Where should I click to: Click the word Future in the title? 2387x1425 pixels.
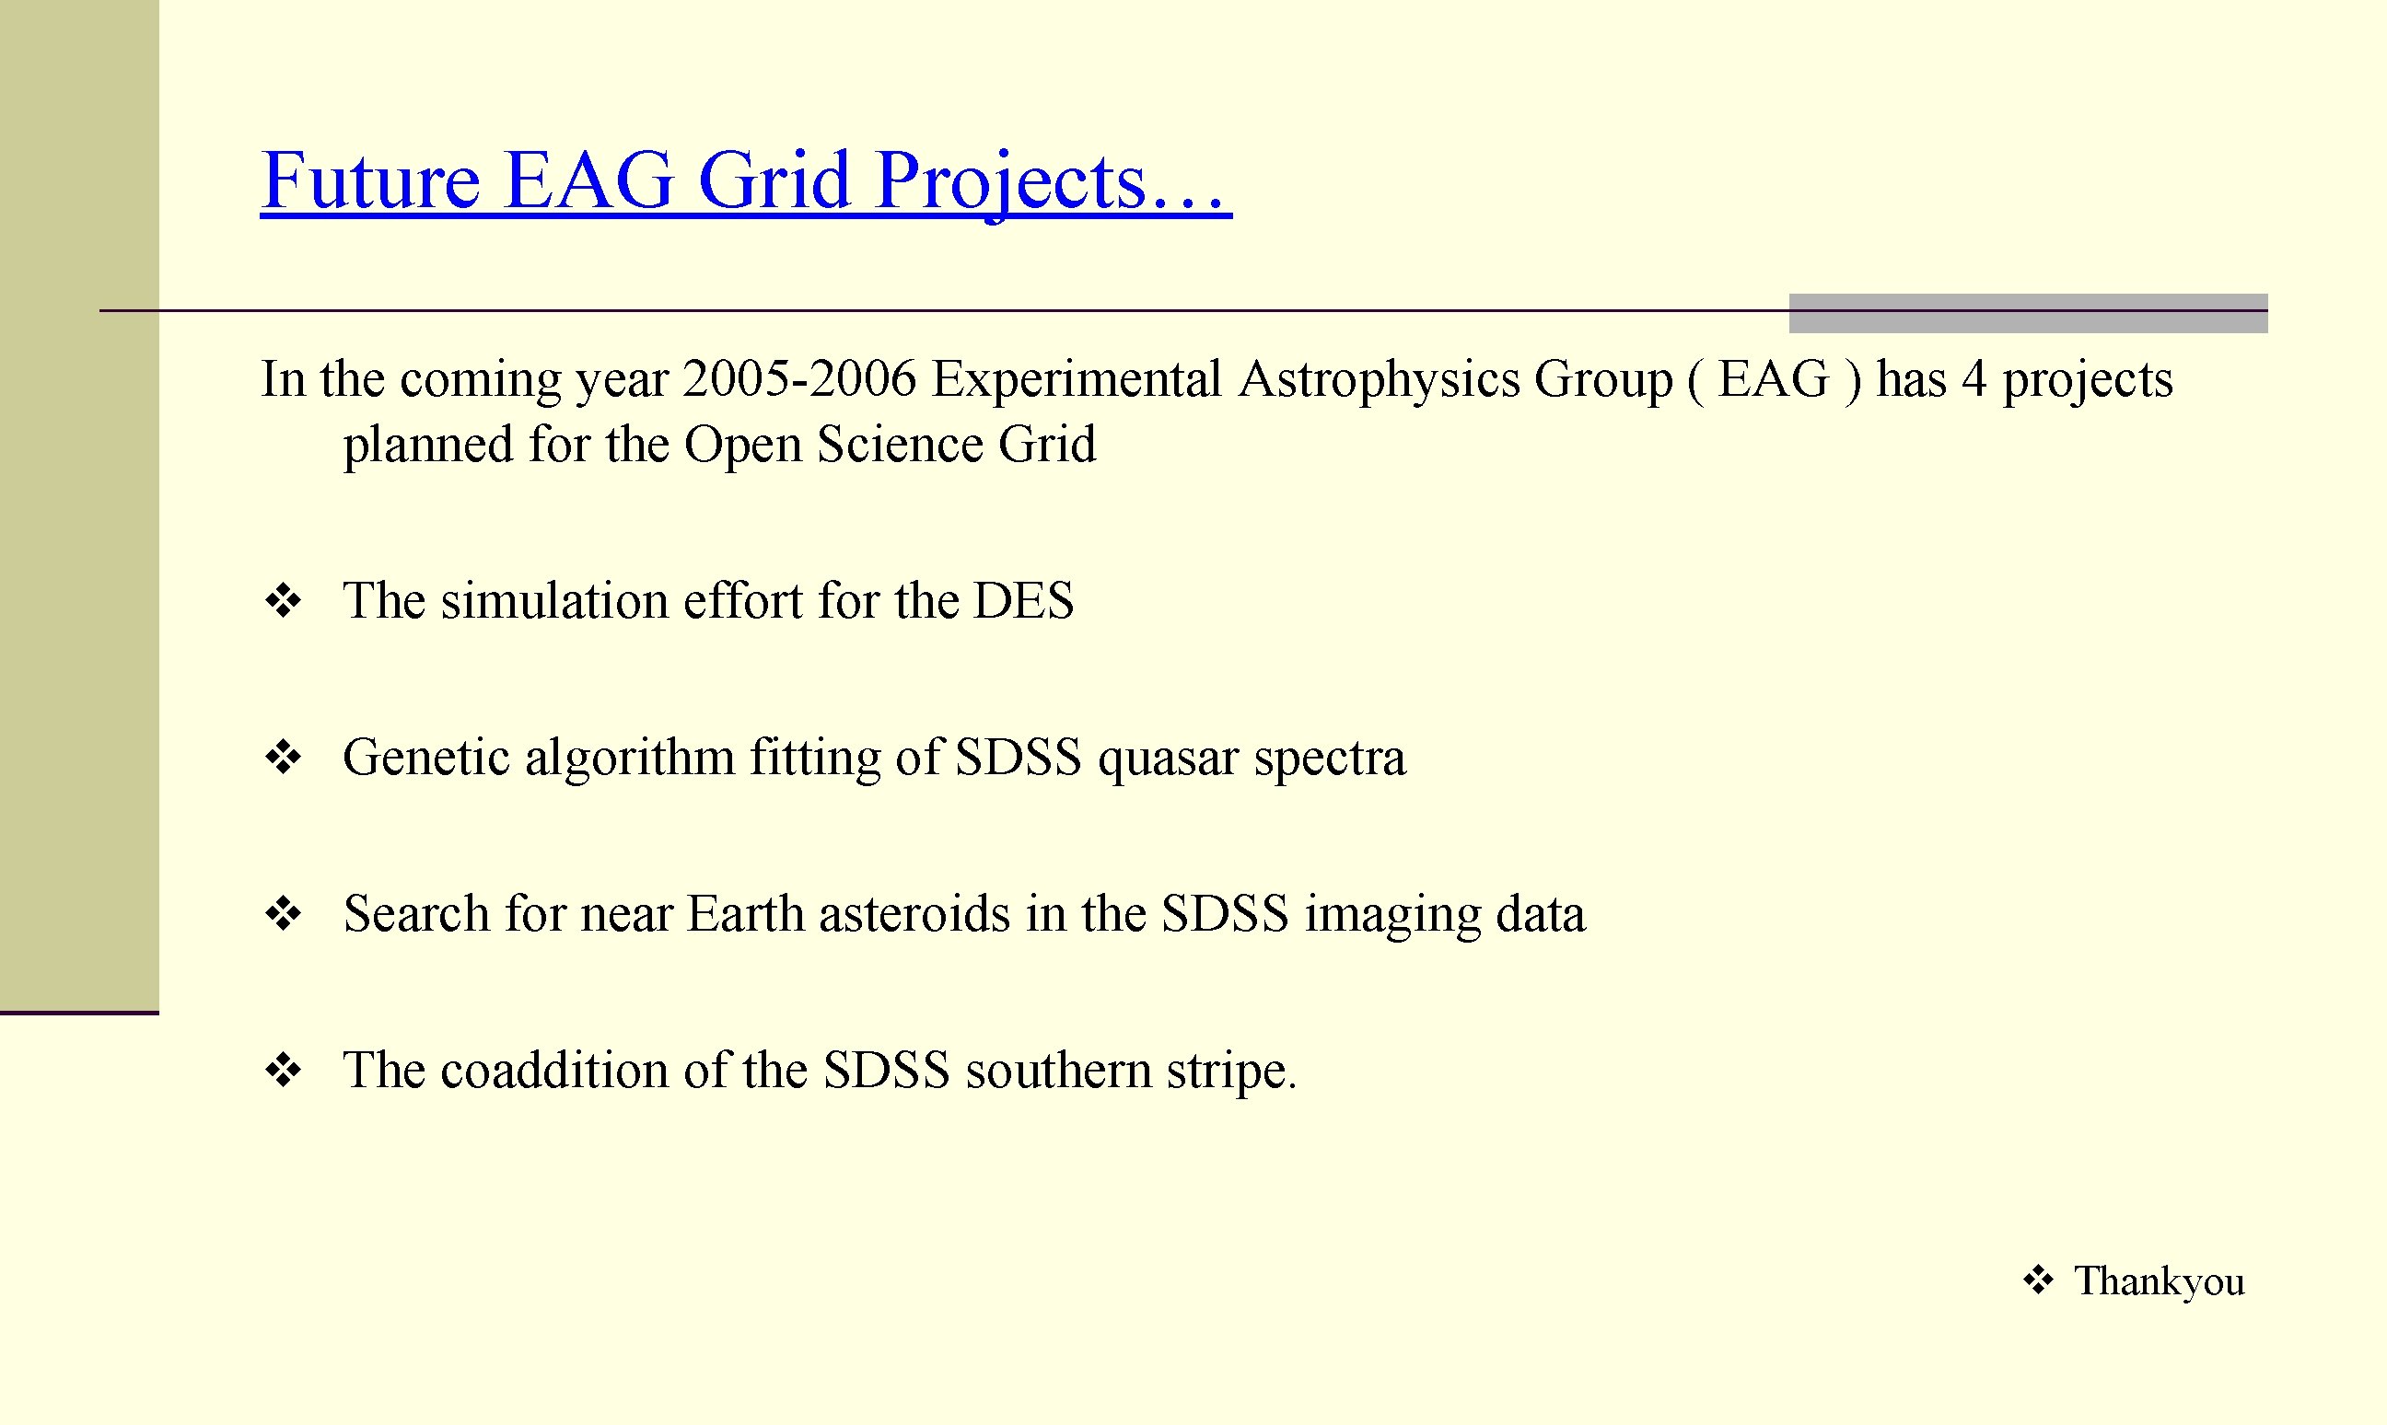(370, 180)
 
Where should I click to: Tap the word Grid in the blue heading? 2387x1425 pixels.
(774, 180)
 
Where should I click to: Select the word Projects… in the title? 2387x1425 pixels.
(1052, 182)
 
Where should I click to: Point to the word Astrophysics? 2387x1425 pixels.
(1380, 380)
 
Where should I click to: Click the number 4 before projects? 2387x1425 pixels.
(1973, 378)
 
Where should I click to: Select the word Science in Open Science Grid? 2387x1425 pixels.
(899, 445)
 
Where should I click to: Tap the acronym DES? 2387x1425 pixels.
(1023, 601)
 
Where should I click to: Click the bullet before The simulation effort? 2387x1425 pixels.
(284, 602)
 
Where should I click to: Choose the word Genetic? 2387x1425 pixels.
(425, 758)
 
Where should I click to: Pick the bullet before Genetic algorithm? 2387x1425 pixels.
(284, 758)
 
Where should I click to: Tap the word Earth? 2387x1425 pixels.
(745, 913)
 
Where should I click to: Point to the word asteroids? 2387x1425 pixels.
(914, 913)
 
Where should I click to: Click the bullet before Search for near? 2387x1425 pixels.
(284, 913)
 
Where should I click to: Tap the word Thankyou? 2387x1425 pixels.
(2160, 1281)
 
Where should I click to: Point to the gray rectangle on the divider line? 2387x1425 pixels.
(2028, 313)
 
